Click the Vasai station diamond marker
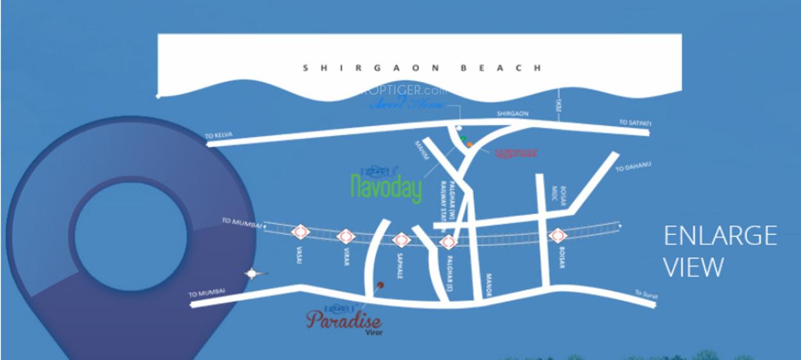(x=299, y=233)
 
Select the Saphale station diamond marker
(x=400, y=240)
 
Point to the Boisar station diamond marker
(x=557, y=235)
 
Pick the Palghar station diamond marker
(x=448, y=241)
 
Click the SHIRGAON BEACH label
(x=422, y=67)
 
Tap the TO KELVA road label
(x=219, y=135)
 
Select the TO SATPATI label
(x=633, y=122)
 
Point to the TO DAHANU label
(x=633, y=167)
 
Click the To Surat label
(x=646, y=295)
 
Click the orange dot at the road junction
(x=470, y=145)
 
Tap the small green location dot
(x=463, y=138)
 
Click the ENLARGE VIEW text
(x=720, y=250)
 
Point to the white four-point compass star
(x=253, y=274)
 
